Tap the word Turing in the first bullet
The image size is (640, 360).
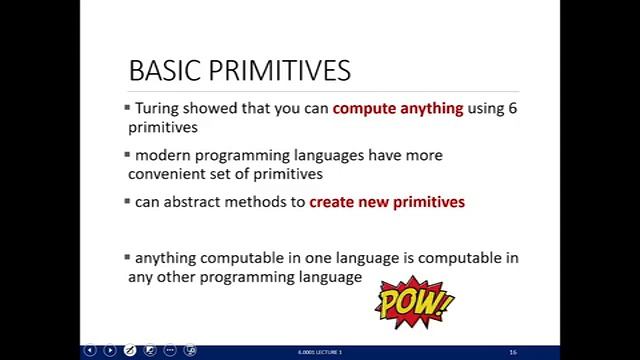158,108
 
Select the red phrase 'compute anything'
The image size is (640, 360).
398,108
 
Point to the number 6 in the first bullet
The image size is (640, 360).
513,108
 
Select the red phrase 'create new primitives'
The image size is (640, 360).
387,202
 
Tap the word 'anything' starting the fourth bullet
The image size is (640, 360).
166,258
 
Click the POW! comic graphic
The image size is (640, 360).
414,302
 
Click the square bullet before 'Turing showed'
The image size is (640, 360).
127,106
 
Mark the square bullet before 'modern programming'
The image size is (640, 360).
127,154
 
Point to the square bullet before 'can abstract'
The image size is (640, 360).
127,200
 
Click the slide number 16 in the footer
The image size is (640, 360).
513,352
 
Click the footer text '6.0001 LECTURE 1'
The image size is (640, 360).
320,352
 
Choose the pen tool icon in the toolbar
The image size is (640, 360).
130,351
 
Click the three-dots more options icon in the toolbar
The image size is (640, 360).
170,351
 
